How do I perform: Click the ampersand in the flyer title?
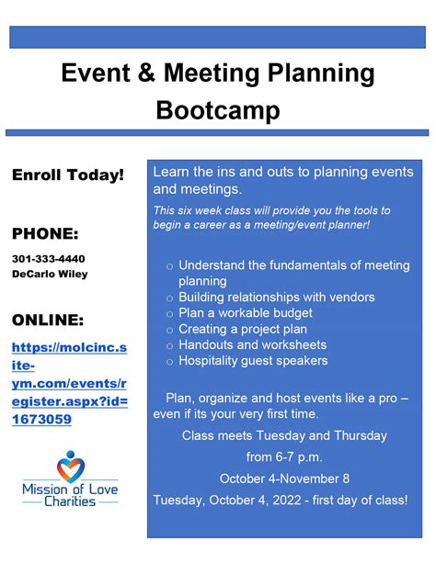coord(127,73)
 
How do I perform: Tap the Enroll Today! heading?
coord(67,175)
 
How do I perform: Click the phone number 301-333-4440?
coord(49,259)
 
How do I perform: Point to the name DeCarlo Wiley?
coord(50,274)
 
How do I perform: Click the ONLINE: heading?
coord(48,320)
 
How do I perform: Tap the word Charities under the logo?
coord(71,502)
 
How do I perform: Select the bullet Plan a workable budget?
coord(245,313)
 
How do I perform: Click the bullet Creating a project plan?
coord(244,329)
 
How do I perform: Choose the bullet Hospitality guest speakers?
coord(253,361)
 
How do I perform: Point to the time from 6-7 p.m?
coord(283,456)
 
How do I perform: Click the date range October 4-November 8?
coord(283,479)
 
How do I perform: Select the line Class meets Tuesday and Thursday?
coord(283,435)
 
